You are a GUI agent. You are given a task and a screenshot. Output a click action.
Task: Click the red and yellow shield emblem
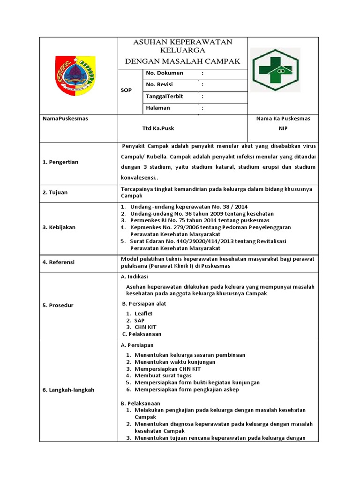click(x=75, y=75)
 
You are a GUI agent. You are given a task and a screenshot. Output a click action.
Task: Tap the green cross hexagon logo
click(x=275, y=69)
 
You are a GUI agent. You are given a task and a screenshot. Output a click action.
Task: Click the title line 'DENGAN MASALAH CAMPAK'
click(x=182, y=61)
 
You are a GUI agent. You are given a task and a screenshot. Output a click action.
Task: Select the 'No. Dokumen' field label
click(x=165, y=73)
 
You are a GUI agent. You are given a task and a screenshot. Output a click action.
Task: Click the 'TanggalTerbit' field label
click(x=165, y=96)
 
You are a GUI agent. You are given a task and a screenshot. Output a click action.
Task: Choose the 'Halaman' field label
click(x=158, y=108)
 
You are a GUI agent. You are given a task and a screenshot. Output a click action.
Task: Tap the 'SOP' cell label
click(x=126, y=90)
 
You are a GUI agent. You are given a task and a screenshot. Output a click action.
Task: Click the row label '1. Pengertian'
click(x=60, y=162)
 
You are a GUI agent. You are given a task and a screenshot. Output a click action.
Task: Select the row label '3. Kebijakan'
click(x=59, y=227)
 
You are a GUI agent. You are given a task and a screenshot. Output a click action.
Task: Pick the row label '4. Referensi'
click(x=59, y=262)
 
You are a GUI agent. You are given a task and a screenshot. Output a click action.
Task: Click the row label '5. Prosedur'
click(x=58, y=305)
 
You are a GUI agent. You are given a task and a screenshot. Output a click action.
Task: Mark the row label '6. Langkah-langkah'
click(x=68, y=390)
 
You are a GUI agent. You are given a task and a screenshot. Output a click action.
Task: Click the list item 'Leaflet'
click(x=143, y=313)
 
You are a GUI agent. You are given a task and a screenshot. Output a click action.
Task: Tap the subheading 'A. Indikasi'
click(x=135, y=277)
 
